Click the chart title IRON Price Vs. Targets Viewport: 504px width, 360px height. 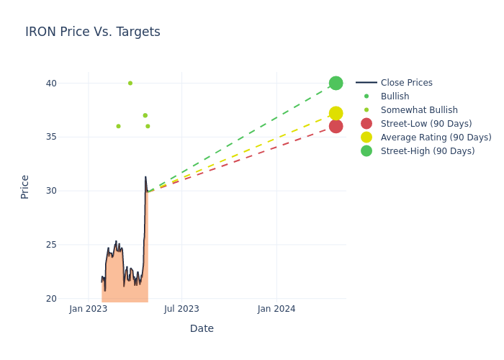[93, 32]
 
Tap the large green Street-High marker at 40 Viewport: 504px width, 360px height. [336, 83]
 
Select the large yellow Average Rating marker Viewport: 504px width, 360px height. [336, 113]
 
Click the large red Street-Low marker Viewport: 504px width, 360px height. [336, 126]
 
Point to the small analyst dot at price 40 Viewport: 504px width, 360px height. [130, 83]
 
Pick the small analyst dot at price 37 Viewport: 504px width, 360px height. [145, 115]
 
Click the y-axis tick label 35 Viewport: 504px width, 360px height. [51, 137]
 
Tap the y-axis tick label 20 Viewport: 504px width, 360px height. [51, 299]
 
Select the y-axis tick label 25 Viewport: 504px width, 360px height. [51, 245]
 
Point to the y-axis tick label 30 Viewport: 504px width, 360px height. [51, 191]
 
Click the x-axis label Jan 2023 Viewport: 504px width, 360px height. [88, 309]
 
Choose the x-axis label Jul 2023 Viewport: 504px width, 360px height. [181, 309]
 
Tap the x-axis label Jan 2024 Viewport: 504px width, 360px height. [276, 309]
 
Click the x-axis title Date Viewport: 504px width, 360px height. [202, 328]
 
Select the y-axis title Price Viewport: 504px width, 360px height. [25, 186]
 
